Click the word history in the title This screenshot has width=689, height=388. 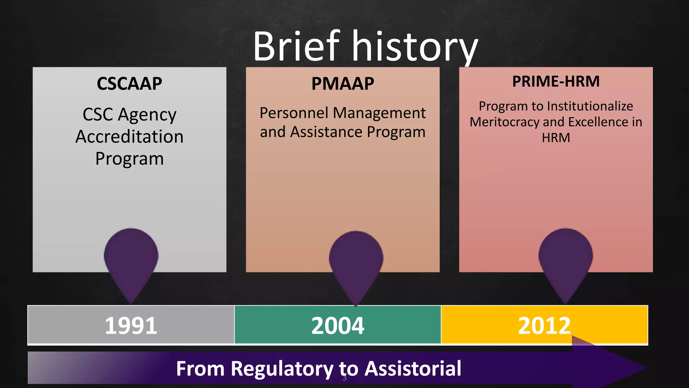[x=414, y=47]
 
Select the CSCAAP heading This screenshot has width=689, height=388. [x=130, y=84]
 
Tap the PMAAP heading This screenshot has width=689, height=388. [x=342, y=84]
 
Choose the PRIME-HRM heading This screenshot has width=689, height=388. [x=556, y=82]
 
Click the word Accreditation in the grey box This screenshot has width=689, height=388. [x=130, y=137]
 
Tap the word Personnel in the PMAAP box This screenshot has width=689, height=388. [x=294, y=113]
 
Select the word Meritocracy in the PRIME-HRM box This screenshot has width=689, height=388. [x=504, y=122]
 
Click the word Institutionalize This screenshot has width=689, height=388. [x=590, y=106]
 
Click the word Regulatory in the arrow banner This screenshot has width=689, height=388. [x=282, y=368]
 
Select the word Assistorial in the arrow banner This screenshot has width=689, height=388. [x=413, y=368]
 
